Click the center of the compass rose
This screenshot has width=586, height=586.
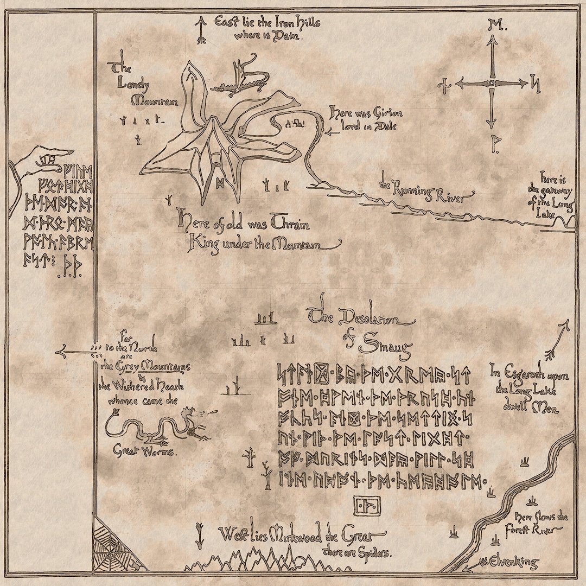click(492, 84)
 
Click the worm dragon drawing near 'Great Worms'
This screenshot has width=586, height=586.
click(157, 425)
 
